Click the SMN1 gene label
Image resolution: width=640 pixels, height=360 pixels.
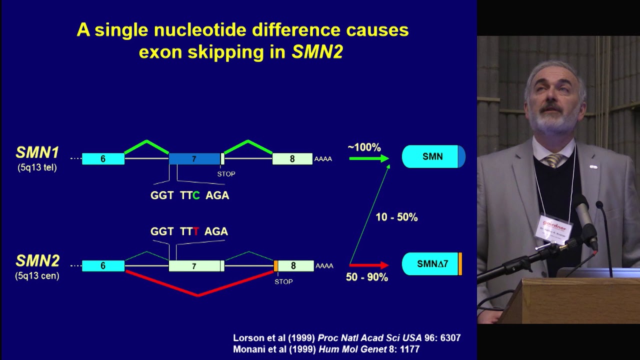pos(37,152)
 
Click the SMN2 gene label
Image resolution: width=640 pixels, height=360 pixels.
pos(37,260)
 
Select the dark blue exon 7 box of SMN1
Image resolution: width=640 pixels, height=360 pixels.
pos(194,159)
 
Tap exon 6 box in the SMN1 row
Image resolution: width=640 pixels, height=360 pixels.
pos(103,159)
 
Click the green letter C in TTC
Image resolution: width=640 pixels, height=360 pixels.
pos(196,195)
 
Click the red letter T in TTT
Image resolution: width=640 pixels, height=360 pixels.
pos(196,231)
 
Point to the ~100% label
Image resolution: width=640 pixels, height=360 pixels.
pos(364,147)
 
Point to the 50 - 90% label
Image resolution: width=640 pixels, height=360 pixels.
pos(366,277)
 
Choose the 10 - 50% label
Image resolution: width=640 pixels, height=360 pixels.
pos(396,217)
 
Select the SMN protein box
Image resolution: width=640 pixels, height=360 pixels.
pos(433,156)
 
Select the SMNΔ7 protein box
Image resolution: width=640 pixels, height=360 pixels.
pos(432,264)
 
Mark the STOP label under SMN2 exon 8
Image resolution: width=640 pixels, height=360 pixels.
pos(283,281)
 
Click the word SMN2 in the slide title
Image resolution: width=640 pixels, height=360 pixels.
pos(317,52)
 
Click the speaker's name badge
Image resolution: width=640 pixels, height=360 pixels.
pos(553,229)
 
